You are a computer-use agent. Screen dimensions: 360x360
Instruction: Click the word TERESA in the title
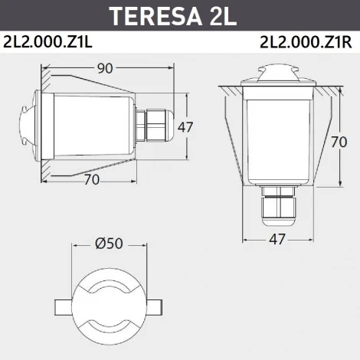154,15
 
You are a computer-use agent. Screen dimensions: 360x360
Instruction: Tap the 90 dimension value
105,68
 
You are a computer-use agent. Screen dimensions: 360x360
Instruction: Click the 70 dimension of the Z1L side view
91,180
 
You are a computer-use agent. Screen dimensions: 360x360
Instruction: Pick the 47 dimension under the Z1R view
277,239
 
